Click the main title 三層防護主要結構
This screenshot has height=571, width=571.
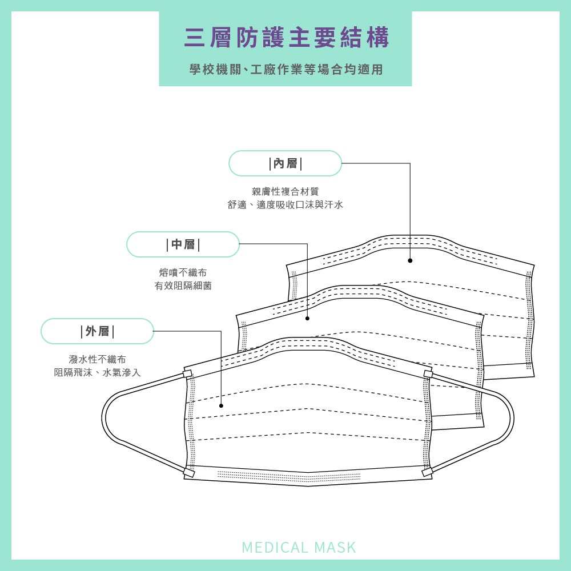click(287, 38)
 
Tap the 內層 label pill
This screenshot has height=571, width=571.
click(285, 164)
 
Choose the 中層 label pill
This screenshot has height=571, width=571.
click(183, 245)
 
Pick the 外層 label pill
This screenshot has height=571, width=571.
click(97, 331)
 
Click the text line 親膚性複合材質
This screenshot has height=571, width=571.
click(285, 191)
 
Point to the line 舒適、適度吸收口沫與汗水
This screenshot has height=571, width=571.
click(285, 204)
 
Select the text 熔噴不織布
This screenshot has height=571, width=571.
click(183, 272)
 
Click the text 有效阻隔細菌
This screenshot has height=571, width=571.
click(183, 285)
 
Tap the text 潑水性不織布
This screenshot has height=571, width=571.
click(97, 359)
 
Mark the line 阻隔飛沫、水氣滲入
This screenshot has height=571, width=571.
click(97, 372)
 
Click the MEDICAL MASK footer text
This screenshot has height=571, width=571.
click(299, 548)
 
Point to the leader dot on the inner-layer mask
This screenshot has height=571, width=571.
click(410, 260)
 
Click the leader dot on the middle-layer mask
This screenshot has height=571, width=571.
click(307, 318)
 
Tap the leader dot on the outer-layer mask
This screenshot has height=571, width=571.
click(222, 406)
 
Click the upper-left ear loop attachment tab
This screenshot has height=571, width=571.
click(187, 374)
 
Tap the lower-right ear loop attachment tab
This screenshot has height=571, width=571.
click(426, 473)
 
